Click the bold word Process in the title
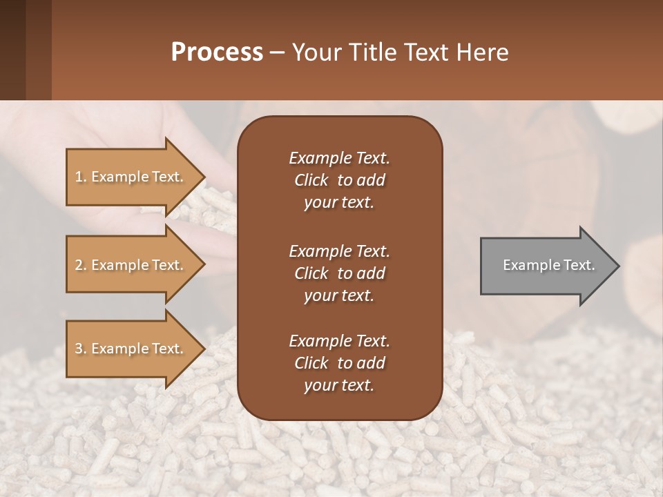pos(217,52)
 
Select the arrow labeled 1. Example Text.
pos(131,177)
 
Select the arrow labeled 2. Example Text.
pos(131,265)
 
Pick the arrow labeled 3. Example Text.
pos(131,349)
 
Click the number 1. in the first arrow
pos(80,177)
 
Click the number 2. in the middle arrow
pos(80,265)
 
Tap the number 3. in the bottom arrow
pos(80,349)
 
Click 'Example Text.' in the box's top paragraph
pos(339,158)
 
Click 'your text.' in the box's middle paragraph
pos(339,295)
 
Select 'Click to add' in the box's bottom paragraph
pos(339,363)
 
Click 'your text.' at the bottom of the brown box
pos(339,386)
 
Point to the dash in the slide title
pos(278,53)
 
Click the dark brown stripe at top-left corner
pos(12,50)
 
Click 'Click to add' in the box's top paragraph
pos(339,180)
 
